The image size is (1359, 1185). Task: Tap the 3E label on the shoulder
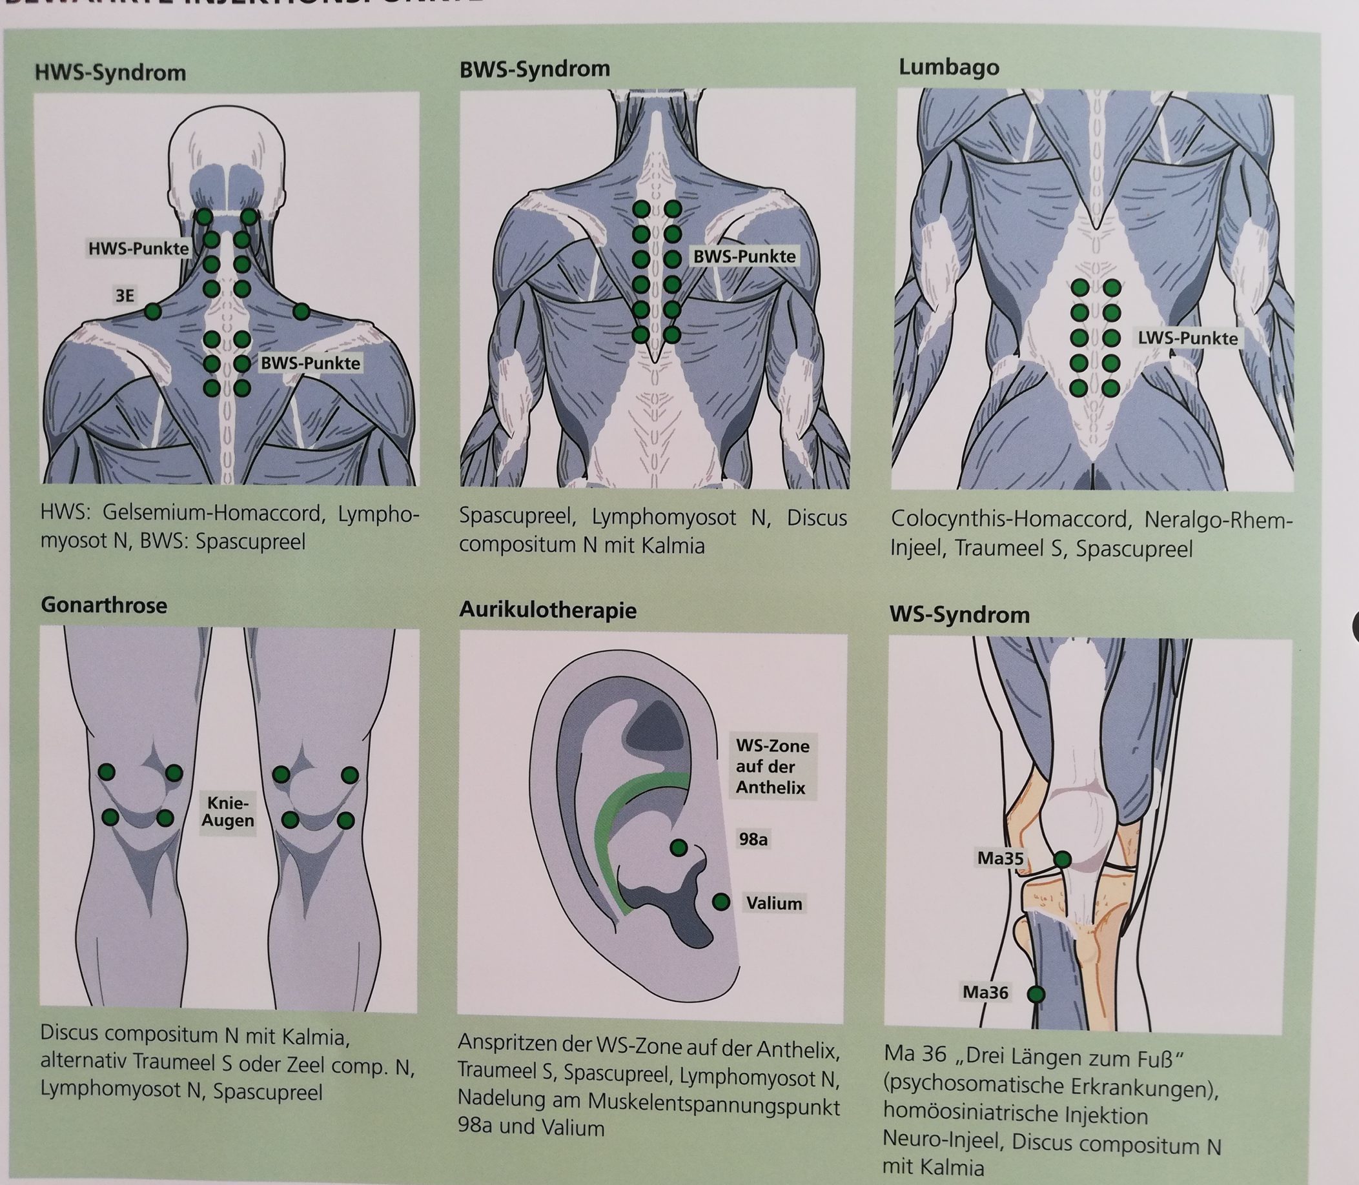tap(125, 296)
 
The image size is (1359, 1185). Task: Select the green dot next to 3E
tap(153, 311)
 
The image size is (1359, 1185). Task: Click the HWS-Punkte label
tap(139, 248)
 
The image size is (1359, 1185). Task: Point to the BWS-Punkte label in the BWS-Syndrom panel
tap(744, 257)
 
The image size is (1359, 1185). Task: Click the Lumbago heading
tap(948, 68)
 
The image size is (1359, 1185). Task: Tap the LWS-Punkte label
tap(1187, 339)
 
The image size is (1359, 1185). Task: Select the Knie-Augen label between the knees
tap(227, 812)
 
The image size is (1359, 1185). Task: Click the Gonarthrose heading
tap(104, 605)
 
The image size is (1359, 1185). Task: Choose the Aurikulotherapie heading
tap(547, 610)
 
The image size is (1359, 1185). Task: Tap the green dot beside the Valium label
tap(721, 902)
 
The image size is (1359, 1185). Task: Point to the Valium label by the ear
tap(773, 904)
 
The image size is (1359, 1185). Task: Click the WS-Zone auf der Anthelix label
tap(772, 767)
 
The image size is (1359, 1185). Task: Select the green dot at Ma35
tap(1062, 860)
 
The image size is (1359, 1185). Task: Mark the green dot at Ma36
tap(1036, 1013)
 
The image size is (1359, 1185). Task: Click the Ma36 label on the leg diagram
tap(985, 1011)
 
